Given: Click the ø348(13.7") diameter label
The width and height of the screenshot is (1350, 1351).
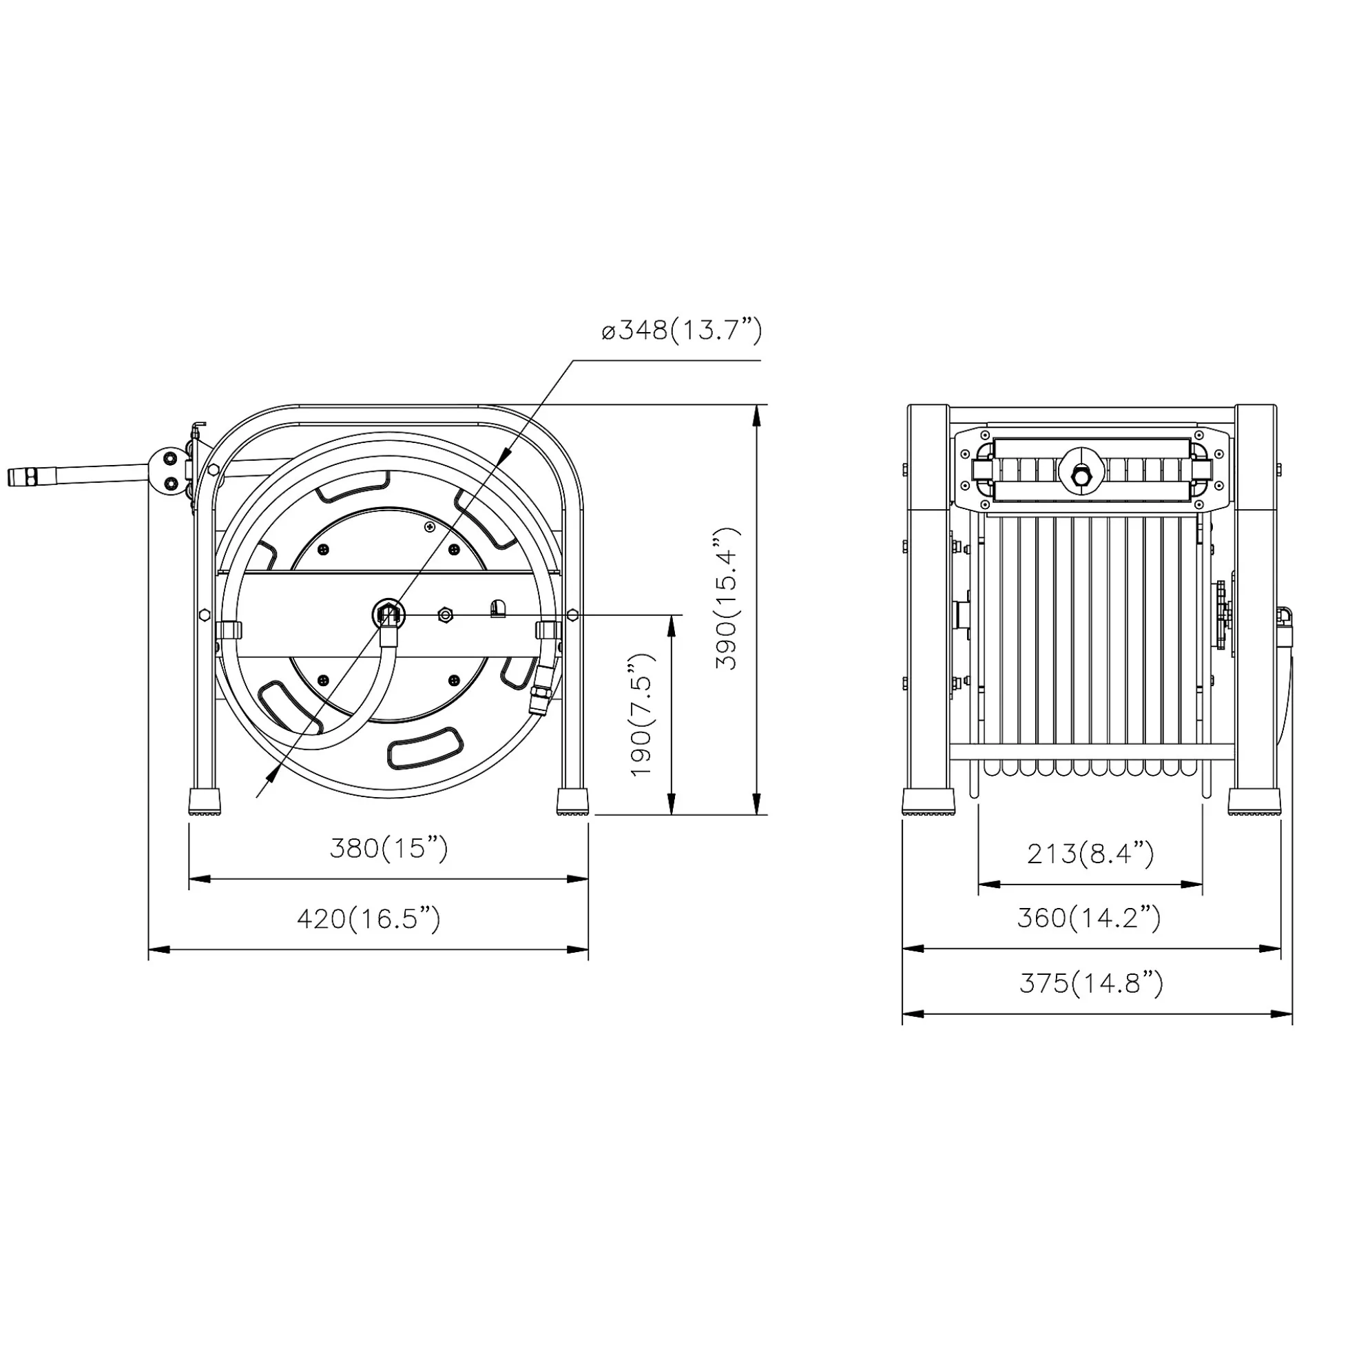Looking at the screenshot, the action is click(682, 330).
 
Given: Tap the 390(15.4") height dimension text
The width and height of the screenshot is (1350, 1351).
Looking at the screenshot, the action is click(727, 599).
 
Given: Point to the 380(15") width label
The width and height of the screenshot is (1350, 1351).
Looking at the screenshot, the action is click(388, 849).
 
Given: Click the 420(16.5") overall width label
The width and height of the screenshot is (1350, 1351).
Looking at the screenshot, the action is click(369, 918).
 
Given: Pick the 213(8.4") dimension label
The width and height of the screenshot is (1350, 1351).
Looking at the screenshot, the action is click(1090, 853).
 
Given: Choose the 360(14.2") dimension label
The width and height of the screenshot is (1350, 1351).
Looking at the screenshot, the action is click(1089, 918).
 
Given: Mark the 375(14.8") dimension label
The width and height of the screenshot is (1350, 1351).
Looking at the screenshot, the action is click(1091, 983).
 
